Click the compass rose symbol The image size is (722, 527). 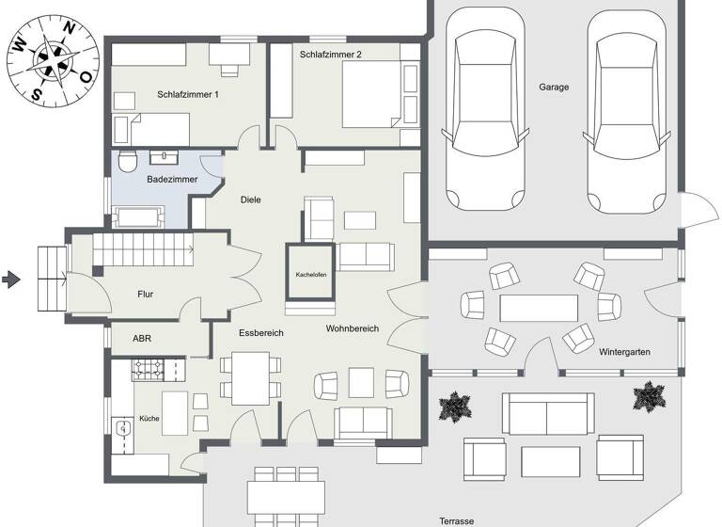coord(52,61)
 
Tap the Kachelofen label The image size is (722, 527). coord(310,276)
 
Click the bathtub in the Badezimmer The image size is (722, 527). coord(138,217)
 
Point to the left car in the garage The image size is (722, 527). coord(483,108)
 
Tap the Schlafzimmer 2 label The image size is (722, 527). coord(330,55)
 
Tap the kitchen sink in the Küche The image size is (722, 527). coord(123,429)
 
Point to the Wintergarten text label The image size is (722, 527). coord(624,352)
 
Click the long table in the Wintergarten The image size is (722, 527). coord(539,308)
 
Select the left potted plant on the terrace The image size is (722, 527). coord(455,407)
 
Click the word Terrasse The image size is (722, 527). coord(456,520)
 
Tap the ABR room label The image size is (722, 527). coord(142,337)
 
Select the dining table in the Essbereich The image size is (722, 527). coord(251,376)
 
